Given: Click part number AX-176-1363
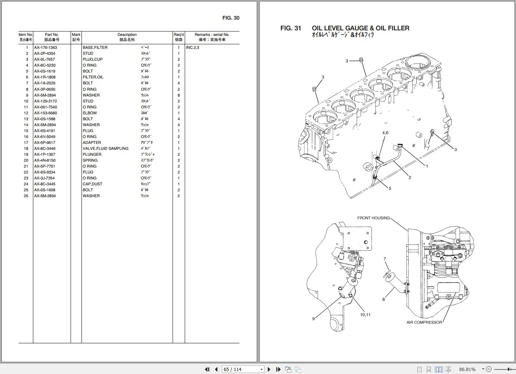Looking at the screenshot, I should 45,47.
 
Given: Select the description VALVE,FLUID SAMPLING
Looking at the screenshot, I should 105,148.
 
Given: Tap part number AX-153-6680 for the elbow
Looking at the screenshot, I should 45,113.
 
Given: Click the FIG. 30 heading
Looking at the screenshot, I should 231,18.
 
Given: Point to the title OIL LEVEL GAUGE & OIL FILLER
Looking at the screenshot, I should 360,28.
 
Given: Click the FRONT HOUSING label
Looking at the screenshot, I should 373,218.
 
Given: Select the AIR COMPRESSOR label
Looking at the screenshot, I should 424,322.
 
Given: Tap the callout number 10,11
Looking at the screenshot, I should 365,315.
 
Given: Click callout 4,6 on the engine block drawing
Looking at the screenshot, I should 385,133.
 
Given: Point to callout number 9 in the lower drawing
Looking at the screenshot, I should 313,319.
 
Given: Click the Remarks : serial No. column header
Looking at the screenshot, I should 212,35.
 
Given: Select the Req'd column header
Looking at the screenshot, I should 179,35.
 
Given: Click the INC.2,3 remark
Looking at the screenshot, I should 193,47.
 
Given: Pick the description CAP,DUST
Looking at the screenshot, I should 92,184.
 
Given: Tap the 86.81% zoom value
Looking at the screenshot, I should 467,369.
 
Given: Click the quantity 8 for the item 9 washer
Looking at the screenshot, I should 179,95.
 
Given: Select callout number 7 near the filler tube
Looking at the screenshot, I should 384,259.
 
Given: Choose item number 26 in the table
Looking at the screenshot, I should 26,196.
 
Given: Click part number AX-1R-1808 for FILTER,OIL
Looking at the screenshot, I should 44,77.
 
